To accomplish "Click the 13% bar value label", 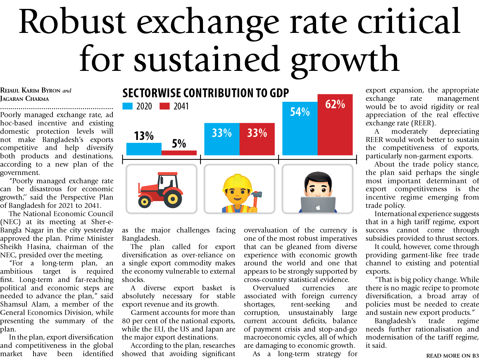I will click(x=144, y=136).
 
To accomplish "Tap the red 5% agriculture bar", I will click(x=179, y=153).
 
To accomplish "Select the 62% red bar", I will click(x=335, y=125).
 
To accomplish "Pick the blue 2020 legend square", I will click(x=128, y=106).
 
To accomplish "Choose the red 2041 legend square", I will click(x=164, y=106).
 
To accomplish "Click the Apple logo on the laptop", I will click(x=318, y=208).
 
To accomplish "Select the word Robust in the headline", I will click(x=72, y=22).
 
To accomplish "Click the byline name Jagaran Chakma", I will click(x=25, y=99).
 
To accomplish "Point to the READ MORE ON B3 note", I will click(x=452, y=356).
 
